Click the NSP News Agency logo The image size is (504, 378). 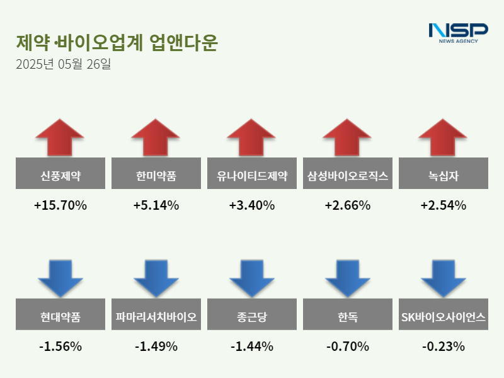(458, 32)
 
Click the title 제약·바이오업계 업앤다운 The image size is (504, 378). (117, 43)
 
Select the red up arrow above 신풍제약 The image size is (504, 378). (60, 137)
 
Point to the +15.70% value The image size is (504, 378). (60, 205)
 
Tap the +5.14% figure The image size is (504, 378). (156, 205)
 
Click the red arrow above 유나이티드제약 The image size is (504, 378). (252, 137)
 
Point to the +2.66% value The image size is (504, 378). (348, 205)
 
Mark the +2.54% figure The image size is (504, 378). (444, 205)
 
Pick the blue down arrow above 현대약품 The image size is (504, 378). (60, 278)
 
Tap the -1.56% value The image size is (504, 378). (60, 346)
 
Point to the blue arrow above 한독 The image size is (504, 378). (348, 278)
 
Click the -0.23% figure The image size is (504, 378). (444, 346)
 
